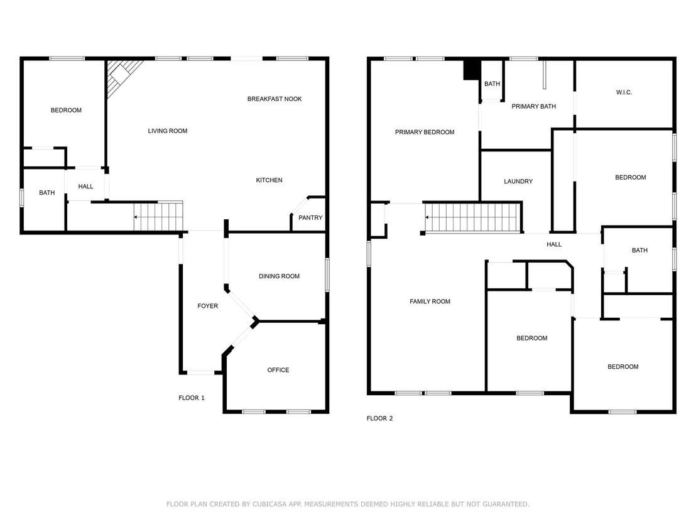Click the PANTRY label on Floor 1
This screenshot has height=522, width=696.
click(x=310, y=217)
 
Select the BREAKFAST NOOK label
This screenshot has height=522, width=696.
click(x=275, y=99)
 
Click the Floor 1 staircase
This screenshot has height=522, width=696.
click(x=158, y=217)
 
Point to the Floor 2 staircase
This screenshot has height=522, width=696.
click(x=473, y=217)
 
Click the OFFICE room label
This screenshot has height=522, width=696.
click(x=278, y=370)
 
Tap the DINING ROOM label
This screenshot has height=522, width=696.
click(x=279, y=276)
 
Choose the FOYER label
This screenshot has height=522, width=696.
click(x=208, y=306)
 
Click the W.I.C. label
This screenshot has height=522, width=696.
click(x=624, y=92)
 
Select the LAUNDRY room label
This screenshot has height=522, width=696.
click(x=518, y=181)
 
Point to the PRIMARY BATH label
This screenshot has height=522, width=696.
click(x=533, y=106)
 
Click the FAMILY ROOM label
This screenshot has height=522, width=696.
click(x=430, y=302)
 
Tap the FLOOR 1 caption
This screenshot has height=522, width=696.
click(x=192, y=398)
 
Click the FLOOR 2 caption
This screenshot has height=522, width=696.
click(x=379, y=418)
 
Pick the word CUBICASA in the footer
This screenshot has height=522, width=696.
click(x=270, y=504)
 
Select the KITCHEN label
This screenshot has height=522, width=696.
click(x=269, y=180)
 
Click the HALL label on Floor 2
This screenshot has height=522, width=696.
click(x=554, y=244)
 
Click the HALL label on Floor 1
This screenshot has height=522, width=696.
click(x=85, y=187)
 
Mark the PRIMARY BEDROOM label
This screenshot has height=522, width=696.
click(x=425, y=132)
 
